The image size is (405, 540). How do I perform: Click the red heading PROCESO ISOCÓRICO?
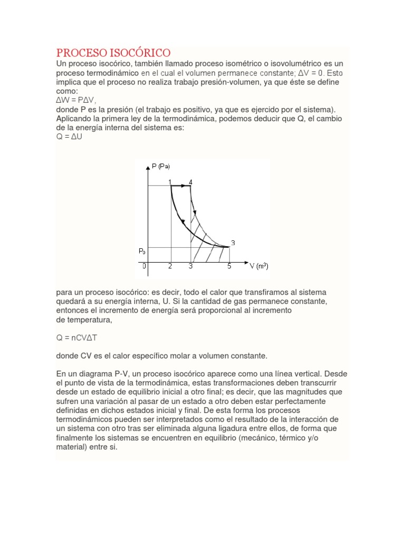(x=113, y=53)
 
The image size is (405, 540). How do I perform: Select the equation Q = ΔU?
(x=69, y=137)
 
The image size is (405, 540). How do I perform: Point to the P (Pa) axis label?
(x=161, y=167)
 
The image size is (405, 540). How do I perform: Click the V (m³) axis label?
(x=259, y=266)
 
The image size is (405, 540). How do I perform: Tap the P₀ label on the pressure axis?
(x=142, y=252)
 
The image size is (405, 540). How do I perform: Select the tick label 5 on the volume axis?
(x=229, y=266)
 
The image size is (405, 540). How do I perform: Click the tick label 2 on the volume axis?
(x=170, y=266)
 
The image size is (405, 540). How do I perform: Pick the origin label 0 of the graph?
(x=144, y=266)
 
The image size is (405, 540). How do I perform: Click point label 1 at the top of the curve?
(x=170, y=182)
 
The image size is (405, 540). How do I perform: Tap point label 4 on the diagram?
(x=190, y=182)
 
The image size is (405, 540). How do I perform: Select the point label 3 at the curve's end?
(x=233, y=243)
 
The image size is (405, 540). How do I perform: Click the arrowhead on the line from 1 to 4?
(x=187, y=186)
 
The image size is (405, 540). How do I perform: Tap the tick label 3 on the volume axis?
(x=190, y=266)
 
